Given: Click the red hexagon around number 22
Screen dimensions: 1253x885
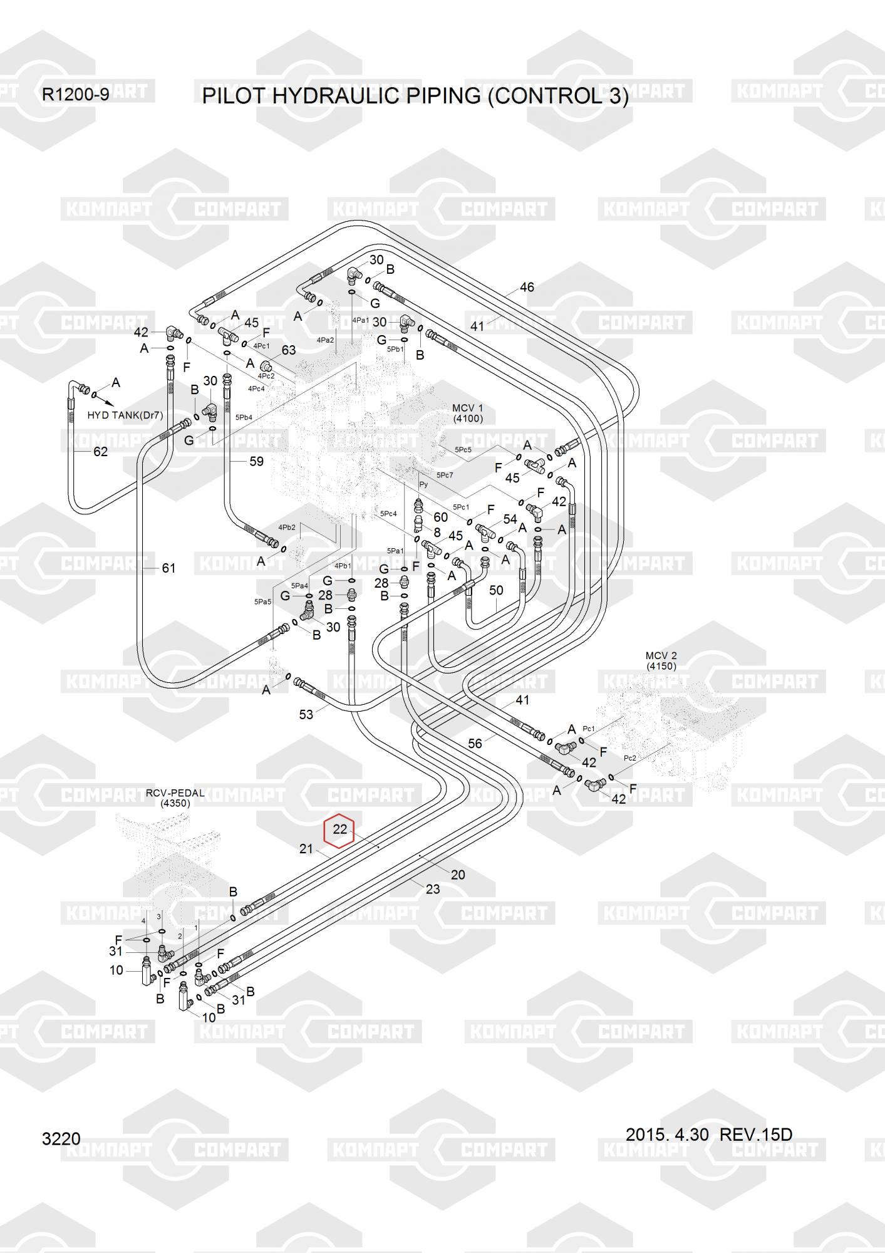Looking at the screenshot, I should (x=339, y=831).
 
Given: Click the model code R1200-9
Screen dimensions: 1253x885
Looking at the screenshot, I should (x=75, y=95).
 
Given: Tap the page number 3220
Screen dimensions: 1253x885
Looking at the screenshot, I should (x=61, y=1138).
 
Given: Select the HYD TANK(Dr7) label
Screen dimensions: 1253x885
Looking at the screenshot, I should (x=125, y=415).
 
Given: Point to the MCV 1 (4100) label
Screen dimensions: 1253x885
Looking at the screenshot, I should (x=468, y=413).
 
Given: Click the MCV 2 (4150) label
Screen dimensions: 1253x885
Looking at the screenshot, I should (x=661, y=661).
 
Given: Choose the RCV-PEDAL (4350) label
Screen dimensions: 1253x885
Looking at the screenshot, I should (x=175, y=798).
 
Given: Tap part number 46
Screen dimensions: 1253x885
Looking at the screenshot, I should (x=527, y=287).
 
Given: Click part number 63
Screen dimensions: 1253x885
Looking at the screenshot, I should (x=288, y=350).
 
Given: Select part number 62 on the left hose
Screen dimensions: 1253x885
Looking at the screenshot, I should (x=100, y=452).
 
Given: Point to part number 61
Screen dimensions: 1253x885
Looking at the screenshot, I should (x=168, y=568).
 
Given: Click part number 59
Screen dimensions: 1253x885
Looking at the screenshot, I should (x=256, y=462).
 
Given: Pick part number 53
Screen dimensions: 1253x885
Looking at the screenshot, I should (x=306, y=714).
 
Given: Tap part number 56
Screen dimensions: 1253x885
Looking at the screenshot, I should (x=475, y=744).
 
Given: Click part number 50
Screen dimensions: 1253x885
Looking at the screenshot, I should (x=496, y=590).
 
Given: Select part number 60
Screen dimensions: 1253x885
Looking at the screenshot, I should (x=440, y=517).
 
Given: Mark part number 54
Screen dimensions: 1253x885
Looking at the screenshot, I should (x=510, y=519).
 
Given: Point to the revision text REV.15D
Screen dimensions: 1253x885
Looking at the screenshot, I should (x=755, y=1135).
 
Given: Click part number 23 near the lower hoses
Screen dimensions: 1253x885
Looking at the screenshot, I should (x=433, y=889).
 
